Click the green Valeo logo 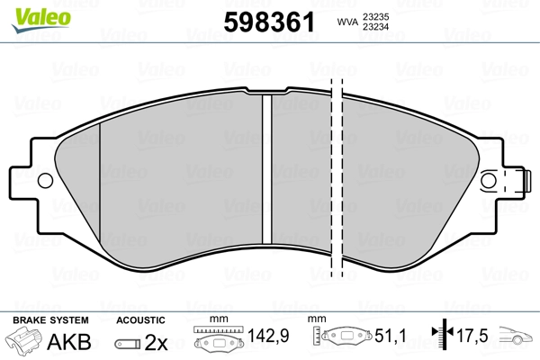tap(41, 20)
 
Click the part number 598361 tap(269, 22)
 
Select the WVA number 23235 tap(375, 17)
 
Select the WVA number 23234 tap(375, 26)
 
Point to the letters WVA tap(347, 22)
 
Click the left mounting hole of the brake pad tap(45, 181)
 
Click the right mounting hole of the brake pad tap(489, 181)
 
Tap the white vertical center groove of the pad tap(267, 169)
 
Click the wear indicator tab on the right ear tap(526, 181)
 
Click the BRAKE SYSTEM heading tap(50, 320)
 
